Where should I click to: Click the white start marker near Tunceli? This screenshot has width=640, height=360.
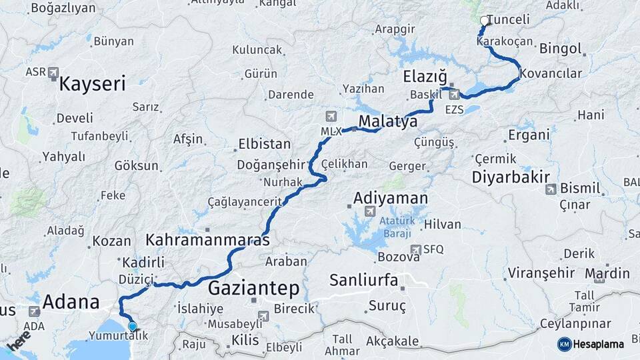click(x=485, y=21)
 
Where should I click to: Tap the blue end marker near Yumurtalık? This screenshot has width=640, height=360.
click(x=133, y=327)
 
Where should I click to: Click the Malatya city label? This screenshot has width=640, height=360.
click(x=388, y=121)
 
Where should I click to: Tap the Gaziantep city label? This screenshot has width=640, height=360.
click(x=253, y=288)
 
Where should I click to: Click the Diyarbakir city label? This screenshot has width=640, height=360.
click(x=511, y=177)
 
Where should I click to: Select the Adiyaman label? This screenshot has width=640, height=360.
click(x=390, y=199)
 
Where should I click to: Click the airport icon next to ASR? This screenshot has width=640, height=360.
click(x=53, y=72)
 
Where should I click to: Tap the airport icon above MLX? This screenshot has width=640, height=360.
click(x=331, y=117)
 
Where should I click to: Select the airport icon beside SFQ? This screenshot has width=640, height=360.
click(x=416, y=249)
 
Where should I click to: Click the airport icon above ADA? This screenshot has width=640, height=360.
click(x=35, y=311)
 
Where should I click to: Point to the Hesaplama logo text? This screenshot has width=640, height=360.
click(x=597, y=345)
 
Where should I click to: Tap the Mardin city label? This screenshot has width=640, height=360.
click(x=607, y=273)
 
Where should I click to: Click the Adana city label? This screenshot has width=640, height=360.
click(x=71, y=302)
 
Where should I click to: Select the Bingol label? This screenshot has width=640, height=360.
click(x=561, y=49)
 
